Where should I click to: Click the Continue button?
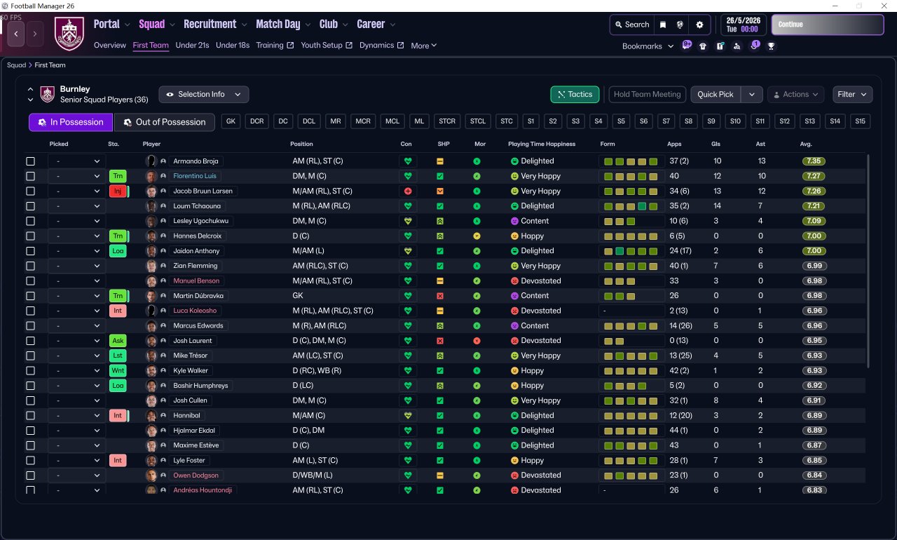coord(827,25)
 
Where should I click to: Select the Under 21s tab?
coord(192,46)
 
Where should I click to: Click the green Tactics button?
coord(575,94)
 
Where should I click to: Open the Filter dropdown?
coord(852,94)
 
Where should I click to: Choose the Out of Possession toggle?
coord(165,122)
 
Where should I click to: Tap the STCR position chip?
coord(447,121)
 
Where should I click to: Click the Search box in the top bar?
coord(632,25)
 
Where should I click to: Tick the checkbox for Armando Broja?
coord(30,161)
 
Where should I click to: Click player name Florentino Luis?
coord(195,176)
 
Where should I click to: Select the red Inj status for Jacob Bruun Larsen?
coord(118,191)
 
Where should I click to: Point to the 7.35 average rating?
coord(814,161)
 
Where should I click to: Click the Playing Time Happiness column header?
coord(542,144)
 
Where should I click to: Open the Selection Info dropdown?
coord(203,94)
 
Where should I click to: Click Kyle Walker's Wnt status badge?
coord(118,370)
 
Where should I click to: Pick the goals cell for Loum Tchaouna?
coord(717,206)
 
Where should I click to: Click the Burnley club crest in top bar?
coord(69,33)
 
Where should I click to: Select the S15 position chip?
coord(860,121)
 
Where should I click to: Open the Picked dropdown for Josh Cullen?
coord(77,400)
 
